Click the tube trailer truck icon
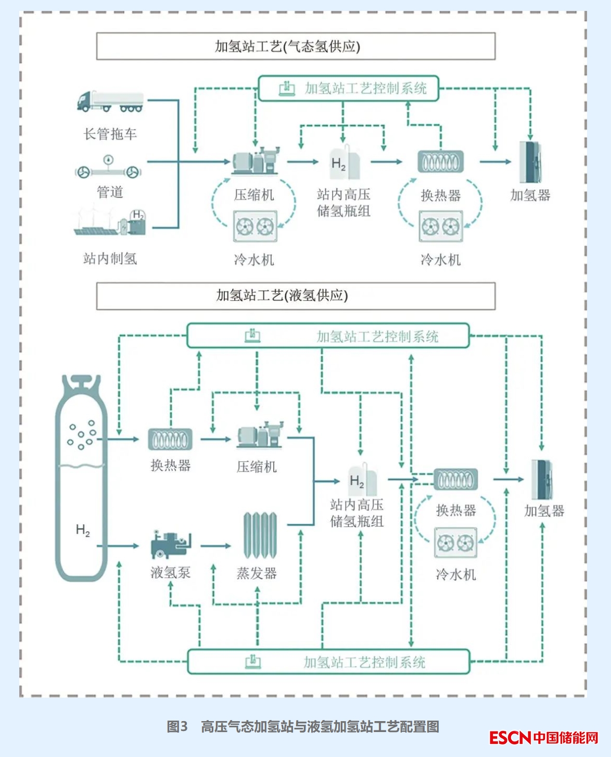point(110,101)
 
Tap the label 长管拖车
point(110,134)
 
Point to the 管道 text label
point(110,193)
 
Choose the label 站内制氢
point(110,259)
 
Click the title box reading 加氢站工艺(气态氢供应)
point(296,46)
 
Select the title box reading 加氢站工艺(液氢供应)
point(296,296)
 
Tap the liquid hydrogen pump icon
point(171,544)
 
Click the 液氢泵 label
point(171,573)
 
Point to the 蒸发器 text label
point(257,573)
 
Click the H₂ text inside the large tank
point(83,530)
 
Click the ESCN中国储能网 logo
point(544,737)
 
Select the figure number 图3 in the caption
point(177,727)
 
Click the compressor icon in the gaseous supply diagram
point(256,161)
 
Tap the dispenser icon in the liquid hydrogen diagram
point(542,479)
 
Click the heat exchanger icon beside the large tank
point(170,440)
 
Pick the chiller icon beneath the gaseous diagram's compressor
point(255,226)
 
